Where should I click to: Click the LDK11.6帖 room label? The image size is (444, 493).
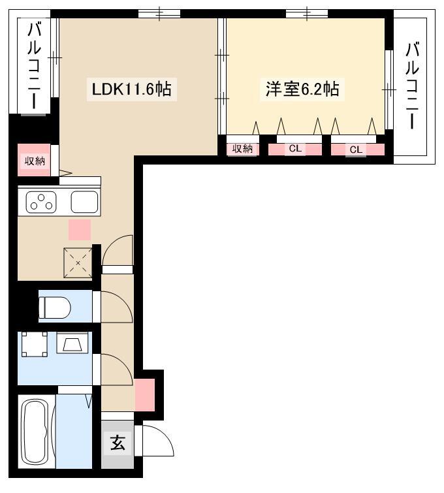[131, 89]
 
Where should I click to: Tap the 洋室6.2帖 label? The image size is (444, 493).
[302, 89]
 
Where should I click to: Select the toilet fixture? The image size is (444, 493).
[54, 307]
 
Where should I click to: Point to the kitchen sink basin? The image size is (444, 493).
[85, 202]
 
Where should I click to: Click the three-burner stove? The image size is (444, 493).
[41, 202]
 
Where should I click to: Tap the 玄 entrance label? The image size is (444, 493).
[118, 443]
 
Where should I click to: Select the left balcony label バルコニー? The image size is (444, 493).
[34, 66]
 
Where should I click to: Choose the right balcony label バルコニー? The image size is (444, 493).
[412, 85]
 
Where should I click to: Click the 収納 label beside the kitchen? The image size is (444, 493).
[35, 161]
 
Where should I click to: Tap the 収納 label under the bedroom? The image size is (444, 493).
[242, 148]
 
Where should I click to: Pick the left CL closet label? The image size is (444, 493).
[295, 148]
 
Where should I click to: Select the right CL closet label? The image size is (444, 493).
[356, 150]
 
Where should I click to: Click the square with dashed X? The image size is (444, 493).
[78, 263]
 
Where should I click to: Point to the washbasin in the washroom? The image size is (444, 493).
[72, 343]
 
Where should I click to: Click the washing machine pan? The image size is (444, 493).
[34, 344]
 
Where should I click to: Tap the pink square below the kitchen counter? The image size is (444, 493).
[80, 230]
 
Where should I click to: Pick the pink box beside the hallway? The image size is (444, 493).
[145, 395]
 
